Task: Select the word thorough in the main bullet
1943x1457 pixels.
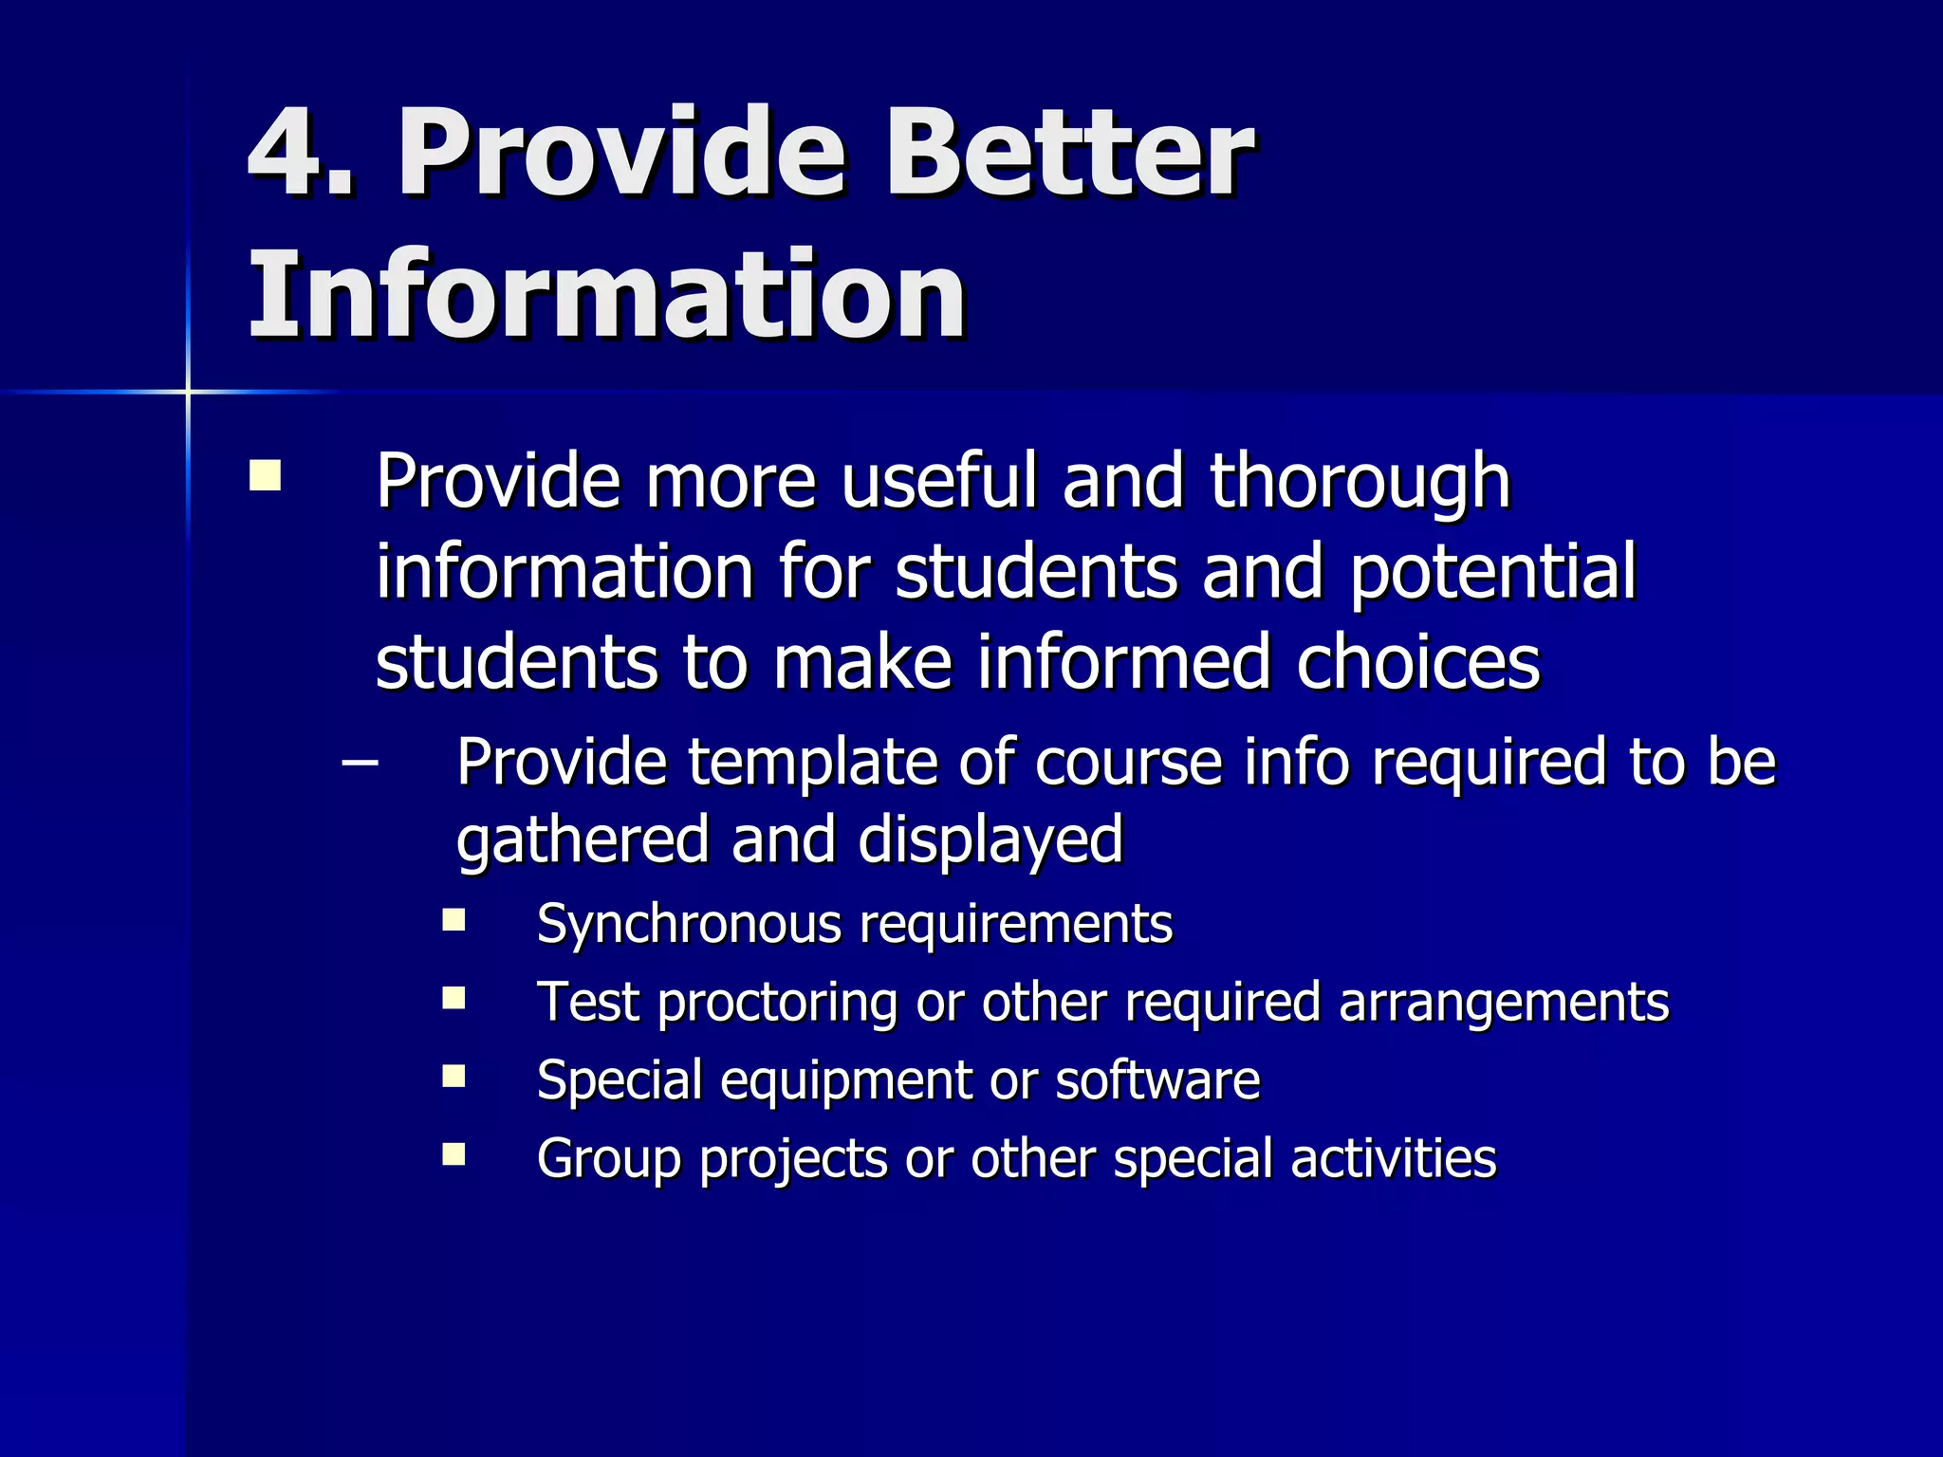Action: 1360,483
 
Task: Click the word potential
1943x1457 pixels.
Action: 1493,572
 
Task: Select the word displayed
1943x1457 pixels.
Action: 990,840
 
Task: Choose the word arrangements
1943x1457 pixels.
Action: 1504,1002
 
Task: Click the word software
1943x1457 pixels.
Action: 1157,1079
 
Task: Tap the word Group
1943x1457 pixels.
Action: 608,1159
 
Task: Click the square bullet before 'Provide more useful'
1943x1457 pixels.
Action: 265,475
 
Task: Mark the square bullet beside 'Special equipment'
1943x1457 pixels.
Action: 454,1076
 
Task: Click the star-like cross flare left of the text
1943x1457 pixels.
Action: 188,391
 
